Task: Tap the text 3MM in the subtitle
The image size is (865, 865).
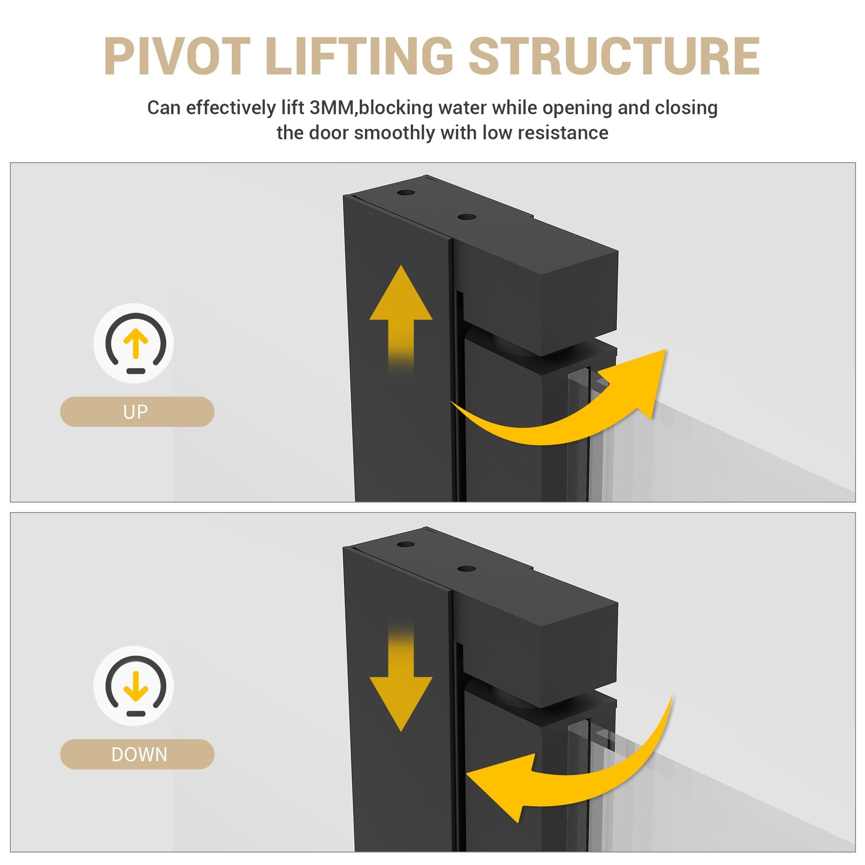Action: (x=332, y=108)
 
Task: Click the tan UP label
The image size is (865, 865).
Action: (x=137, y=412)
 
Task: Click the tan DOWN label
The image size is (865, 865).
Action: (x=137, y=754)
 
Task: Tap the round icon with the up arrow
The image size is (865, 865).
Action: (x=134, y=344)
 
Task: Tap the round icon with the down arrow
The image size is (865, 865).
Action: (x=134, y=686)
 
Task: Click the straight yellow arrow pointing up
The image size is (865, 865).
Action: (x=400, y=318)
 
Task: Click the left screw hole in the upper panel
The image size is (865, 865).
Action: (x=406, y=193)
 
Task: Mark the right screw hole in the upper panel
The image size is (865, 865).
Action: (x=467, y=217)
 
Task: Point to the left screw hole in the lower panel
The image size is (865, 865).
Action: (x=406, y=545)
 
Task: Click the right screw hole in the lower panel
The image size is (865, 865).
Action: (x=467, y=569)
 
